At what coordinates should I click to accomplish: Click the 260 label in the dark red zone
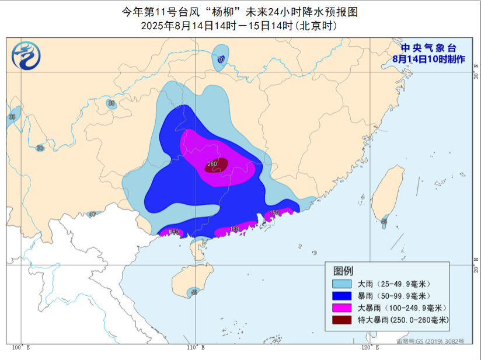tap(212, 164)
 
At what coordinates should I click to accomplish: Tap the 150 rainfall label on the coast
tap(274, 212)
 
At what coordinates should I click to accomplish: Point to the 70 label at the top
tap(221, 60)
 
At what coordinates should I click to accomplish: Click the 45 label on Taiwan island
tap(384, 222)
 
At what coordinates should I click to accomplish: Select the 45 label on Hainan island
tap(194, 292)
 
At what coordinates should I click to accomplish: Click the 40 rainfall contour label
tap(92, 214)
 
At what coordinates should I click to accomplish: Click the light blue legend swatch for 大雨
tap(343, 284)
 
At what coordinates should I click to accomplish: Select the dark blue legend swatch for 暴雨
tap(343, 296)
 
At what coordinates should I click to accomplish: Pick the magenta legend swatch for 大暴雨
tap(343, 307)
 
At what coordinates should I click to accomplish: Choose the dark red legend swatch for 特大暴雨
tap(343, 320)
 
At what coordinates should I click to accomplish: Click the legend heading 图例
tap(343, 271)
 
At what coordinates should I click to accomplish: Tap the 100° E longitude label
tap(20, 348)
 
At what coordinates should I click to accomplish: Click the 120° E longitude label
tap(370, 348)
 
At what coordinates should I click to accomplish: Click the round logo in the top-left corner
tap(26, 56)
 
